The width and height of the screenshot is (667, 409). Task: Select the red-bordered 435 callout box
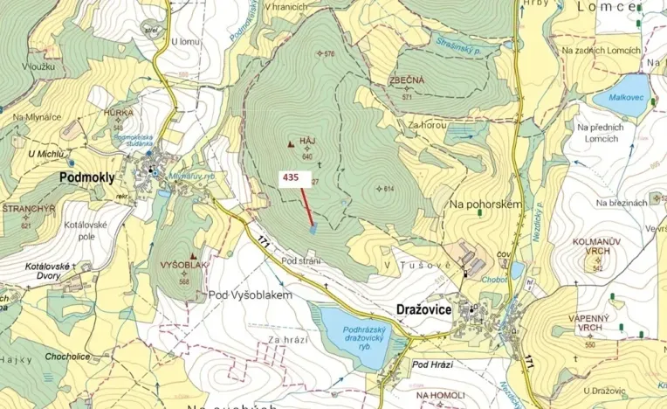tap(291, 177)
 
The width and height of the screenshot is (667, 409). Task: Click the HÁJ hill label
tap(306, 140)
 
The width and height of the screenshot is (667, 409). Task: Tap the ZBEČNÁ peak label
tap(407, 80)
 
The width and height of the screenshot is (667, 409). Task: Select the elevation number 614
tap(389, 189)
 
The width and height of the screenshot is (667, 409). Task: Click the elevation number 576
tap(328, 54)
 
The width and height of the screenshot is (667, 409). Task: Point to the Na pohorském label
tap(485, 204)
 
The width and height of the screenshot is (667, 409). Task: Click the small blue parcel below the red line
tap(313, 229)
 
